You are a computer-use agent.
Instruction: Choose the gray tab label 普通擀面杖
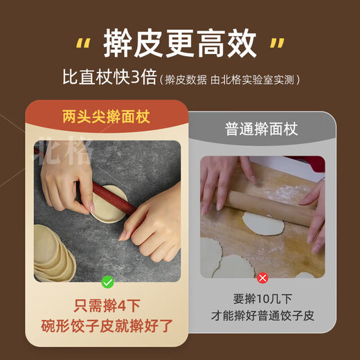[x=262, y=129]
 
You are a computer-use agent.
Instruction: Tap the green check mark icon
[x=107, y=281]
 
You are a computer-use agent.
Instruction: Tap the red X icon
[x=262, y=278]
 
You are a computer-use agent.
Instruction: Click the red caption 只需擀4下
[x=107, y=305]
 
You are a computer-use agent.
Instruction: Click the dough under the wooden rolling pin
[x=263, y=223]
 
